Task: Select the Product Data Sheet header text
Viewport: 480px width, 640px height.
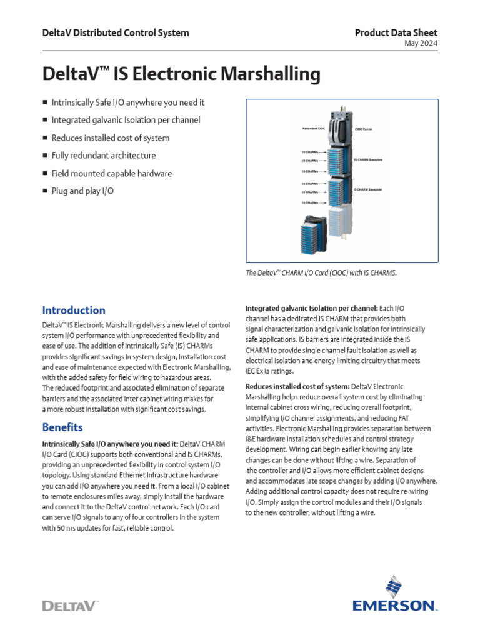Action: [x=396, y=32]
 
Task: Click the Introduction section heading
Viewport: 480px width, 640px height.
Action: [x=74, y=310]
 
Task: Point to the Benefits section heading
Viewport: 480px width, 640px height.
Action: [x=62, y=427]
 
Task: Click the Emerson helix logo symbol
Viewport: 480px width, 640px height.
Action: [x=394, y=587]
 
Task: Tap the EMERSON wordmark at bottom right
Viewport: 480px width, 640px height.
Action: [x=395, y=605]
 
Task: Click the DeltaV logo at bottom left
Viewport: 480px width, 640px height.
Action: [x=70, y=605]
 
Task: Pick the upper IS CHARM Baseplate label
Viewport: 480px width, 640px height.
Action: [x=372, y=161]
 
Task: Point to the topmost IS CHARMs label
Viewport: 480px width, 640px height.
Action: [x=310, y=152]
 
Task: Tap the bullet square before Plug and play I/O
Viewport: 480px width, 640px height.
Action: [x=45, y=191]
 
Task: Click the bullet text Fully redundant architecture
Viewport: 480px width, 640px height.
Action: [x=104, y=155]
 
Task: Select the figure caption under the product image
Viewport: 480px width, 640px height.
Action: [x=321, y=272]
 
